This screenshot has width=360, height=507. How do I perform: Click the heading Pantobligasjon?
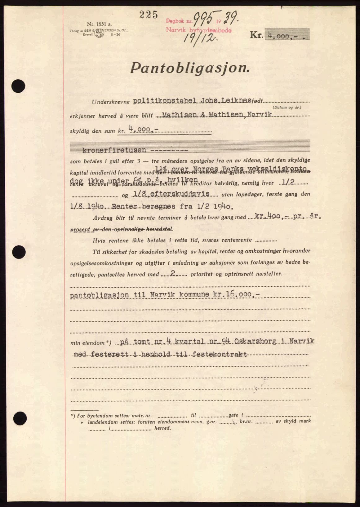click(x=190, y=68)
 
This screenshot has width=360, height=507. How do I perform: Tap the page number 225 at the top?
click(x=149, y=15)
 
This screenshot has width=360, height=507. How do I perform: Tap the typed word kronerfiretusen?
click(x=114, y=150)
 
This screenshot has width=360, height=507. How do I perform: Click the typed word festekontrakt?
click(x=220, y=354)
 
